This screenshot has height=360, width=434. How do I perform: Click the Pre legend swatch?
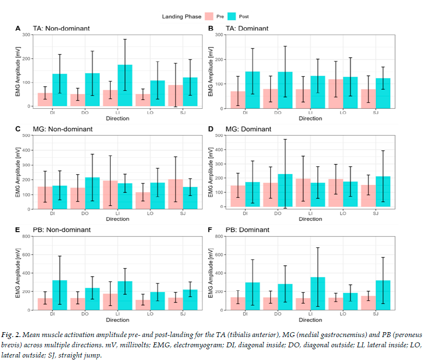(x=209, y=17)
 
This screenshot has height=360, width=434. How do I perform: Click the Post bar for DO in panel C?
(x=92, y=193)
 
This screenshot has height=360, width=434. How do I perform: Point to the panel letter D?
(x=211, y=129)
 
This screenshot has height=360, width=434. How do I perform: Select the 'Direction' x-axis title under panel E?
(x=118, y=320)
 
